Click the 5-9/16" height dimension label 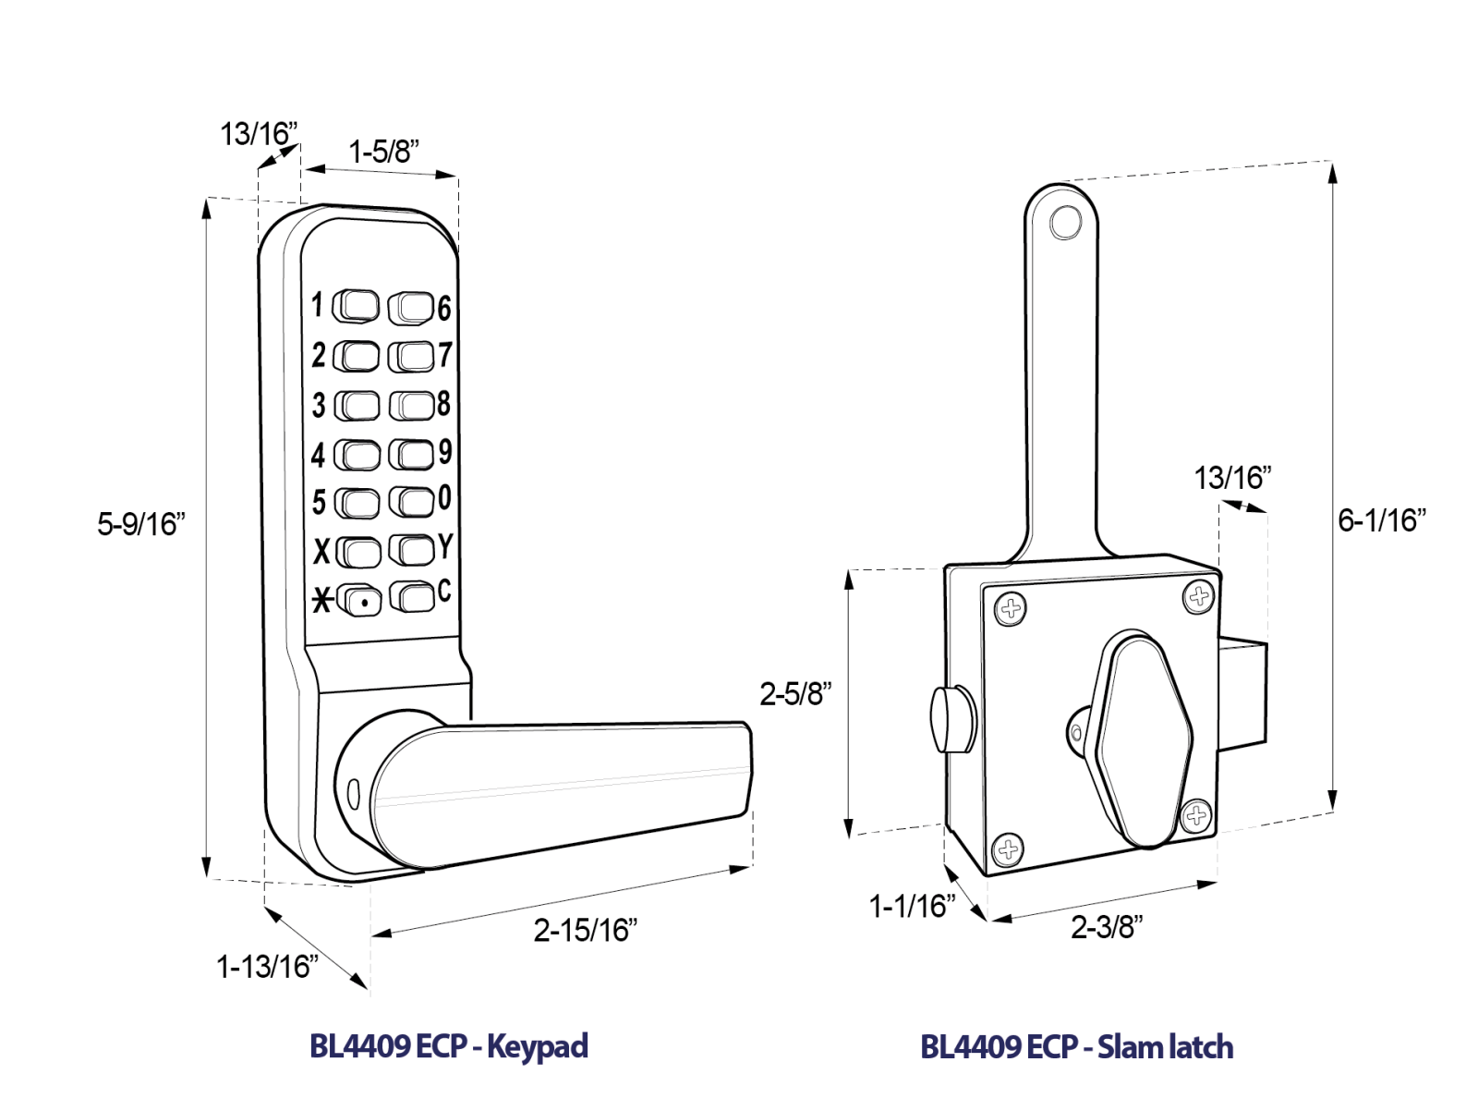pos(141,524)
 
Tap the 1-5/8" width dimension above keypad pos(383,151)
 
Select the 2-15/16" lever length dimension pos(585,929)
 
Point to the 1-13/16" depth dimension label pos(267,967)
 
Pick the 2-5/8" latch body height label pos(795,693)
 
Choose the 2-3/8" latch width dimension pos(1107,926)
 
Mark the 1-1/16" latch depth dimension pos(912,906)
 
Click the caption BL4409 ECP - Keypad pos(448,1046)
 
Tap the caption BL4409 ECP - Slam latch pos(1076,1047)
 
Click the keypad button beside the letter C pos(412,596)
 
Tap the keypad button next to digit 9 pos(411,454)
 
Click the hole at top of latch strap pos(1065,223)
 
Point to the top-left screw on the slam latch pos(1011,608)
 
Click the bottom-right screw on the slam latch pos(1197,815)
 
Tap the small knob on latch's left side pos(951,720)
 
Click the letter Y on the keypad pos(445,546)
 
